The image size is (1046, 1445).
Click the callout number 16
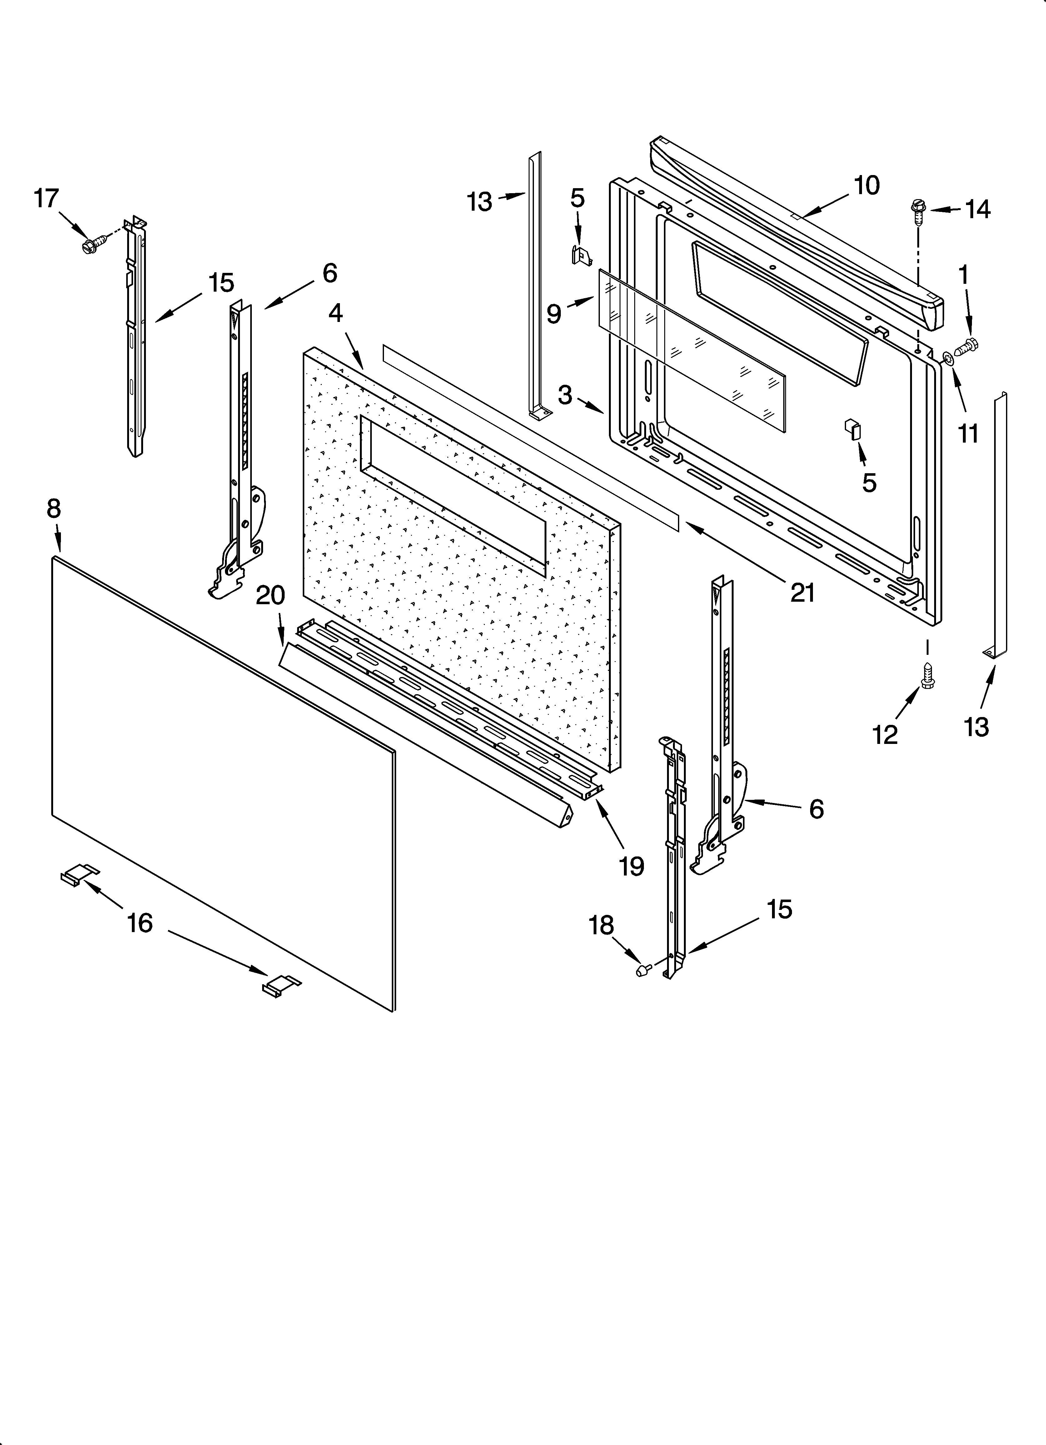(140, 923)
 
